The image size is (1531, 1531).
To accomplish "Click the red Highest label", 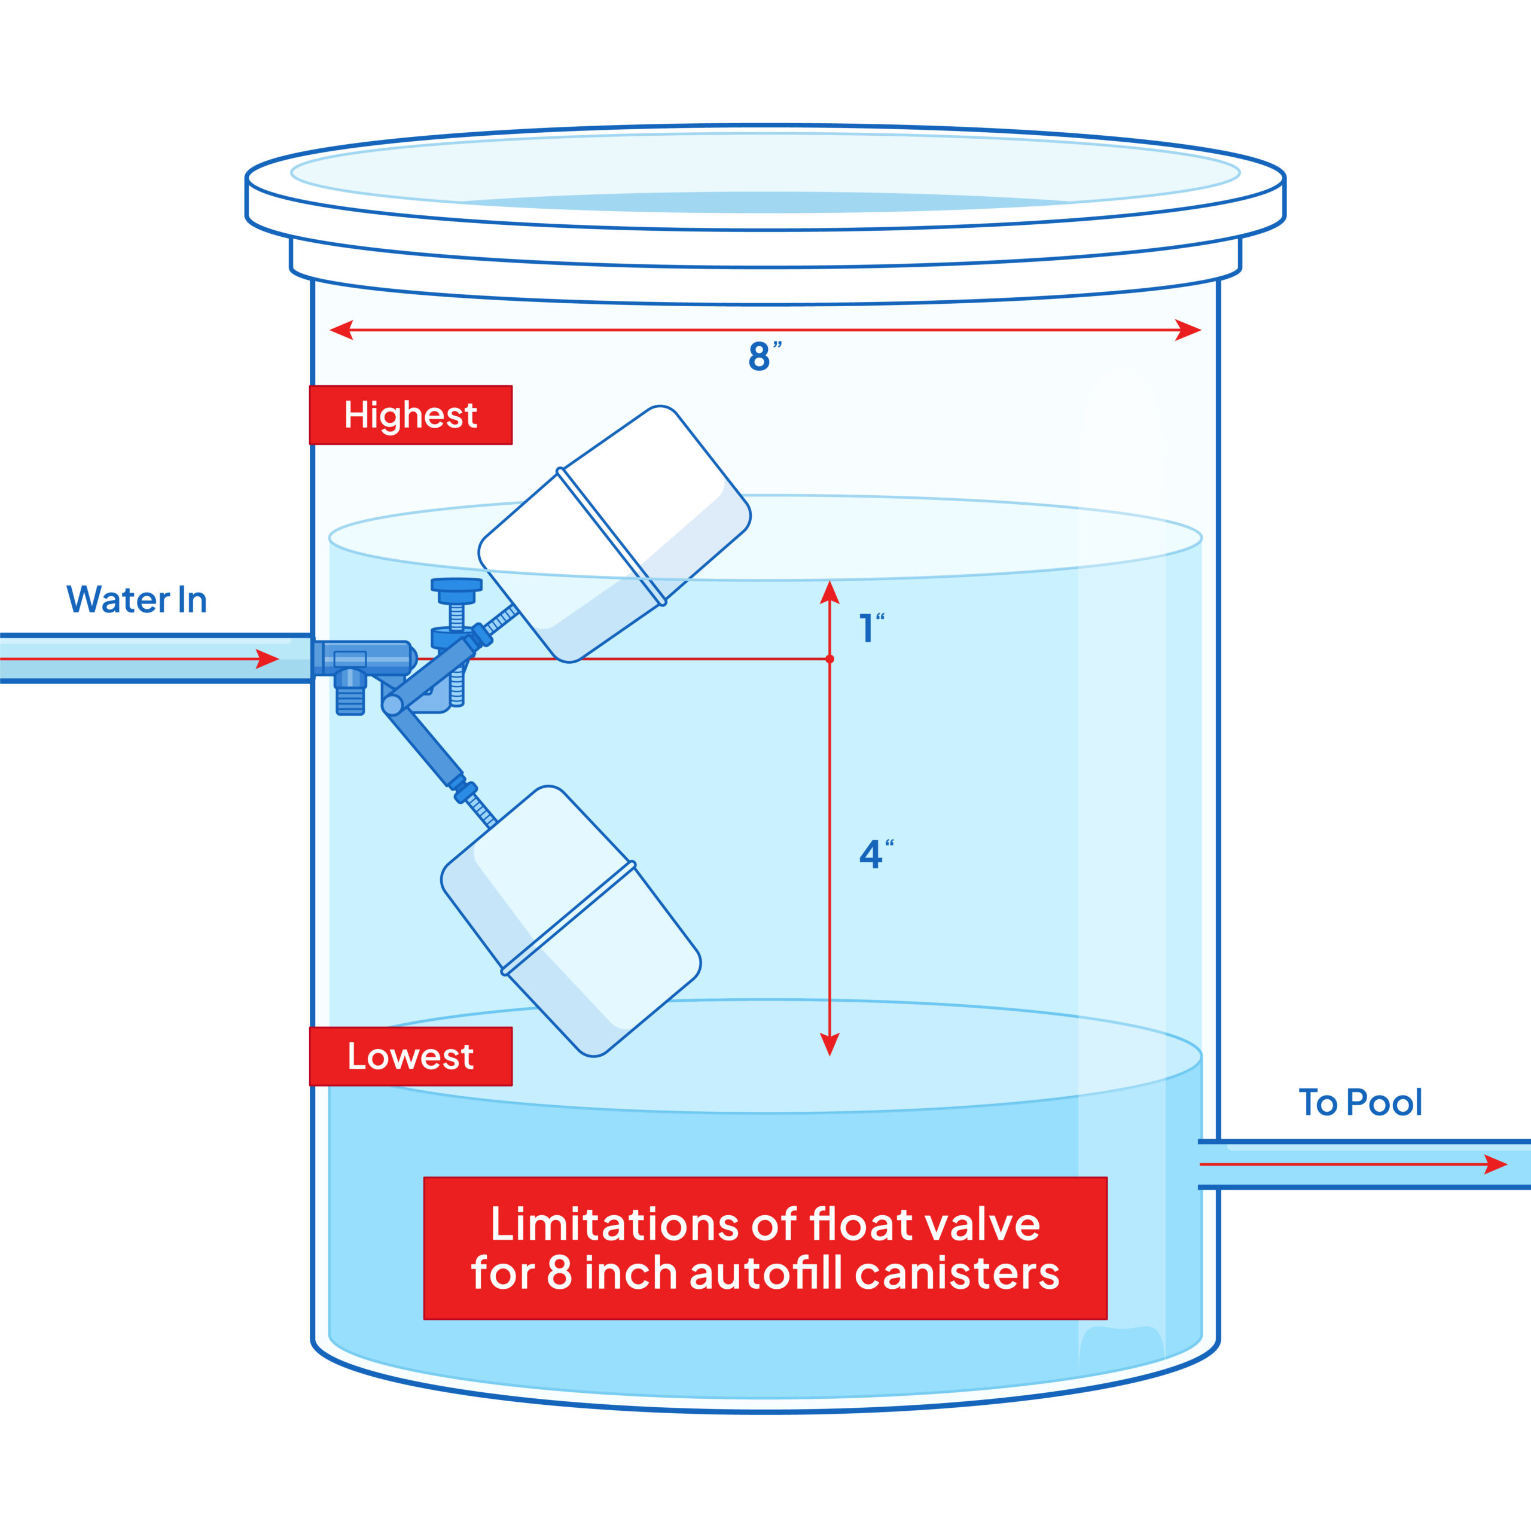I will (410, 415).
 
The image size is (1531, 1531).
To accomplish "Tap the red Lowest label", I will (410, 1056).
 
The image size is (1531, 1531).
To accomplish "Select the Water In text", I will (136, 600).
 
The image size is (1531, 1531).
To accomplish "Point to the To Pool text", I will (1360, 1102).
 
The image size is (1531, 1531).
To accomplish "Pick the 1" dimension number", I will (868, 629).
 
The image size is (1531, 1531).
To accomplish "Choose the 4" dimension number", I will (873, 854).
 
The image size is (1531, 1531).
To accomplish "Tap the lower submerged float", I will (571, 919).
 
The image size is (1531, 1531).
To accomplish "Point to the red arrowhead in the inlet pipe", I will (267, 658).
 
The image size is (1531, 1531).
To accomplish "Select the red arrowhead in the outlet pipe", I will (1495, 1164).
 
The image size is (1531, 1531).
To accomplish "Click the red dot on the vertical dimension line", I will (829, 658).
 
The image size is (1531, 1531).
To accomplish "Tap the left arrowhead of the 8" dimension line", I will (341, 330).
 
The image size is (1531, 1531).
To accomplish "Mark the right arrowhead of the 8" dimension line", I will (1189, 330).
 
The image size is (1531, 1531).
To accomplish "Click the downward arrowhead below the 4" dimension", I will (829, 1044).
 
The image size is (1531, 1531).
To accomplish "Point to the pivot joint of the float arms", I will (392, 704).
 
